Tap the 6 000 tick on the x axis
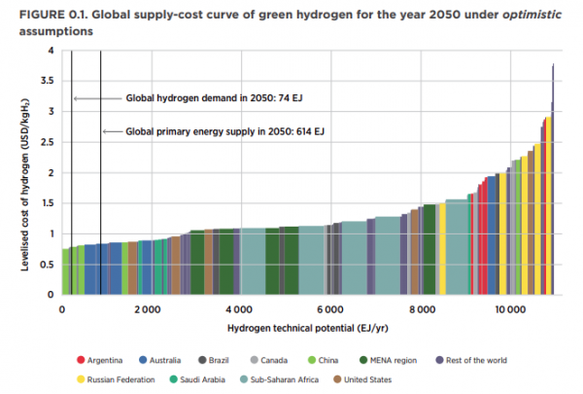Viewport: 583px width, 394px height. (x=328, y=308)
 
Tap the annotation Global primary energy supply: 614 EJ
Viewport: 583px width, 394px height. (x=225, y=131)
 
